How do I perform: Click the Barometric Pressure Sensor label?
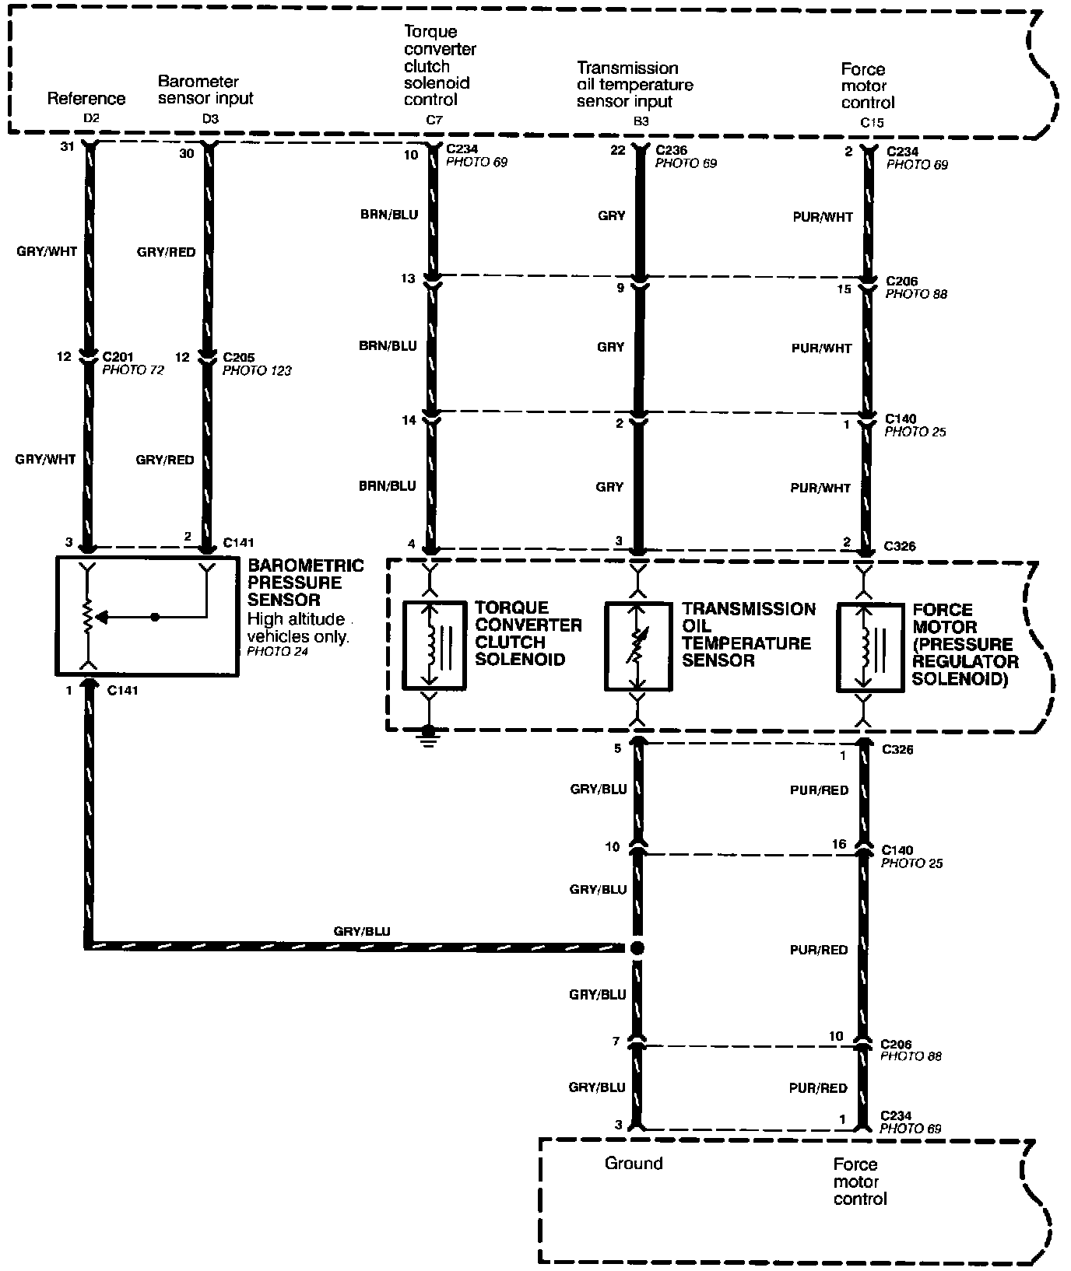pyautogui.click(x=304, y=583)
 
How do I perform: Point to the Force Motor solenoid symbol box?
pyautogui.click(x=862, y=647)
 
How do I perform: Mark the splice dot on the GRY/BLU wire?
pyautogui.click(x=637, y=947)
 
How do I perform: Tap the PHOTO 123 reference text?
pyautogui.click(x=257, y=371)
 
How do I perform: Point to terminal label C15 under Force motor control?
pyautogui.click(x=872, y=122)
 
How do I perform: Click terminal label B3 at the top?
pyautogui.click(x=641, y=121)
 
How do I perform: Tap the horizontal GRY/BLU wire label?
pyautogui.click(x=362, y=931)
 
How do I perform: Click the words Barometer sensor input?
pyautogui.click(x=205, y=89)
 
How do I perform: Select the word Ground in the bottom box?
pyautogui.click(x=634, y=1163)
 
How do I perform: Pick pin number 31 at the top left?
pyautogui.click(x=66, y=146)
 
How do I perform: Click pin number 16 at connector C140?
pyautogui.click(x=838, y=845)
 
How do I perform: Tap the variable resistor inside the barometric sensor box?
pyautogui.click(x=91, y=617)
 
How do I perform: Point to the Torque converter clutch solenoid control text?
pyautogui.click(x=440, y=65)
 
